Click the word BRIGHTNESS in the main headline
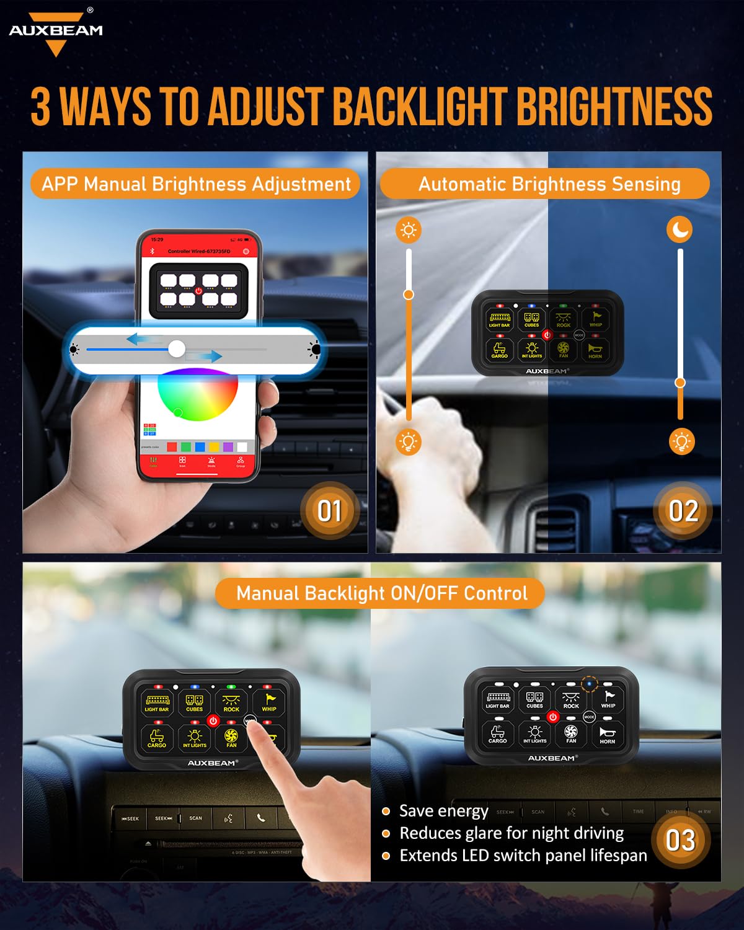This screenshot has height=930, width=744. click(x=614, y=107)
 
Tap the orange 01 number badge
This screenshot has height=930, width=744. click(x=329, y=511)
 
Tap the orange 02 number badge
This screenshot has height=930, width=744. click(x=683, y=511)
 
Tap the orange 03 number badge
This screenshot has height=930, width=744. click(x=680, y=841)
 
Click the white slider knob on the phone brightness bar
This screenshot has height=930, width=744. click(x=177, y=349)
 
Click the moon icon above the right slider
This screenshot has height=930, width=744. click(x=680, y=230)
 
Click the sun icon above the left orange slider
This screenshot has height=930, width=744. click(x=408, y=230)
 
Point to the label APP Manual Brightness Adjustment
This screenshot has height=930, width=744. click(x=196, y=184)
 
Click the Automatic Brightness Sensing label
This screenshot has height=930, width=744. click(x=549, y=184)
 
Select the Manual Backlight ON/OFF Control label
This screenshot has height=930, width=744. click(x=381, y=593)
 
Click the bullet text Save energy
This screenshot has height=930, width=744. click(x=443, y=811)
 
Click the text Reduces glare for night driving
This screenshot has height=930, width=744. click(x=511, y=833)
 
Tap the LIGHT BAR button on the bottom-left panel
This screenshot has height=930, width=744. click(x=157, y=702)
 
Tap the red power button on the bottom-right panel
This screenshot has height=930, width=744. click(x=552, y=717)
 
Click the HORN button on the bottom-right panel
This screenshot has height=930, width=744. click(x=607, y=735)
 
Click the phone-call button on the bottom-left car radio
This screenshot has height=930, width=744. click(x=261, y=818)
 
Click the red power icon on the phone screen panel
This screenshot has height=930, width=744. click(x=198, y=290)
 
